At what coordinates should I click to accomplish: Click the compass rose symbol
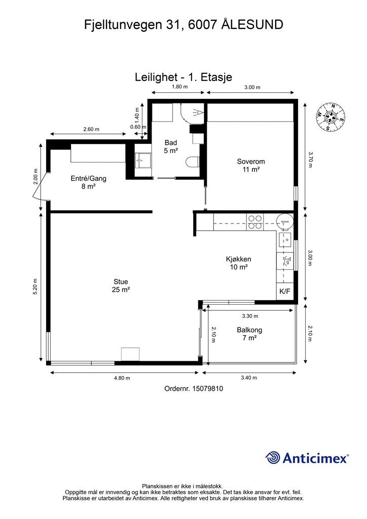pos(331,117)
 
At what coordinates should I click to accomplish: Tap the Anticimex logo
pos(307,458)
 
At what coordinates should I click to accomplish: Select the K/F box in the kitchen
pos(284,291)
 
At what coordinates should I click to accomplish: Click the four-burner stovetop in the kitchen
pos(255,222)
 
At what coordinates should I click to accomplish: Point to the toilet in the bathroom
pos(192,162)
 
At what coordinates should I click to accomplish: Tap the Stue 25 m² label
pos(121,286)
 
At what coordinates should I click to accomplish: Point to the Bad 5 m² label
pos(171,146)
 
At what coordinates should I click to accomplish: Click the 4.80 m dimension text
pos(122,378)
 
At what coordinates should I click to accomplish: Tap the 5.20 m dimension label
pos(35,287)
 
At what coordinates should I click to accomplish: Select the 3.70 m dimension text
pos(310,160)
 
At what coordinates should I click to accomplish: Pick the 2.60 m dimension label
pos(91,129)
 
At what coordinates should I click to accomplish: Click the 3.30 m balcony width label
pos(250,316)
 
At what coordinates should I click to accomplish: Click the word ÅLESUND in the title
pos(252,24)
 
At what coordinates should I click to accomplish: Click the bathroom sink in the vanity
pos(143,160)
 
